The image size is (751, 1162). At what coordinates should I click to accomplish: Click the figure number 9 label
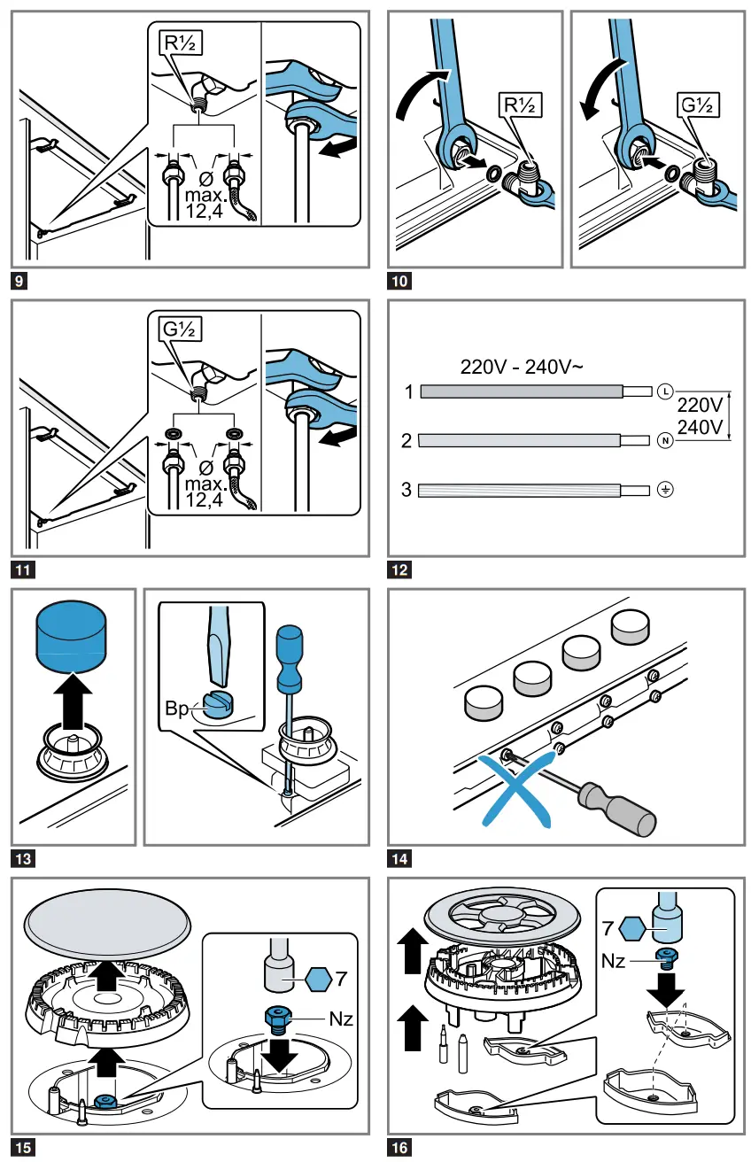[20, 283]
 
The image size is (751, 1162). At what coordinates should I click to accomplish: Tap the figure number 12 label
[399, 569]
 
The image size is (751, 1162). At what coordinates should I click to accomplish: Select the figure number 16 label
[399, 1148]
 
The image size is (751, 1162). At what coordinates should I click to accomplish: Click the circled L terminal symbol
[666, 391]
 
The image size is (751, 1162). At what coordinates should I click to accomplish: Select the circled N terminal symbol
[666, 440]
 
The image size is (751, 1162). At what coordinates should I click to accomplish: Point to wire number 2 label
[406, 440]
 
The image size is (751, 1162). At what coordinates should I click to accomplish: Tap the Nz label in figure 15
[341, 1019]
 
